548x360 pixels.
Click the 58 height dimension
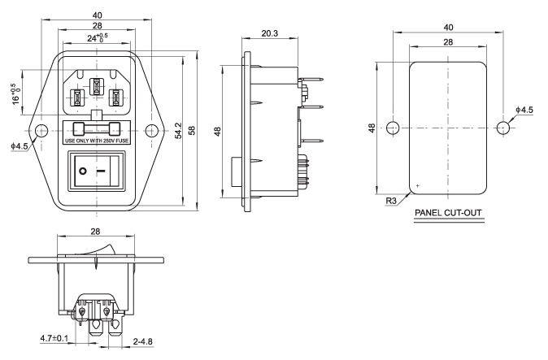[192, 130]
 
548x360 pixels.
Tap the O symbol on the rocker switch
[82, 172]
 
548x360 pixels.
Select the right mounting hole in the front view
[150, 130]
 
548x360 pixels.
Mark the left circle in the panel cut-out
[392, 128]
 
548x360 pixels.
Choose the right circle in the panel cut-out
[502, 128]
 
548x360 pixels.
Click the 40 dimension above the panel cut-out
[447, 28]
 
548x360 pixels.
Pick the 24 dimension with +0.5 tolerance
[97, 37]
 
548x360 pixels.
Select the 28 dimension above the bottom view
[97, 232]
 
